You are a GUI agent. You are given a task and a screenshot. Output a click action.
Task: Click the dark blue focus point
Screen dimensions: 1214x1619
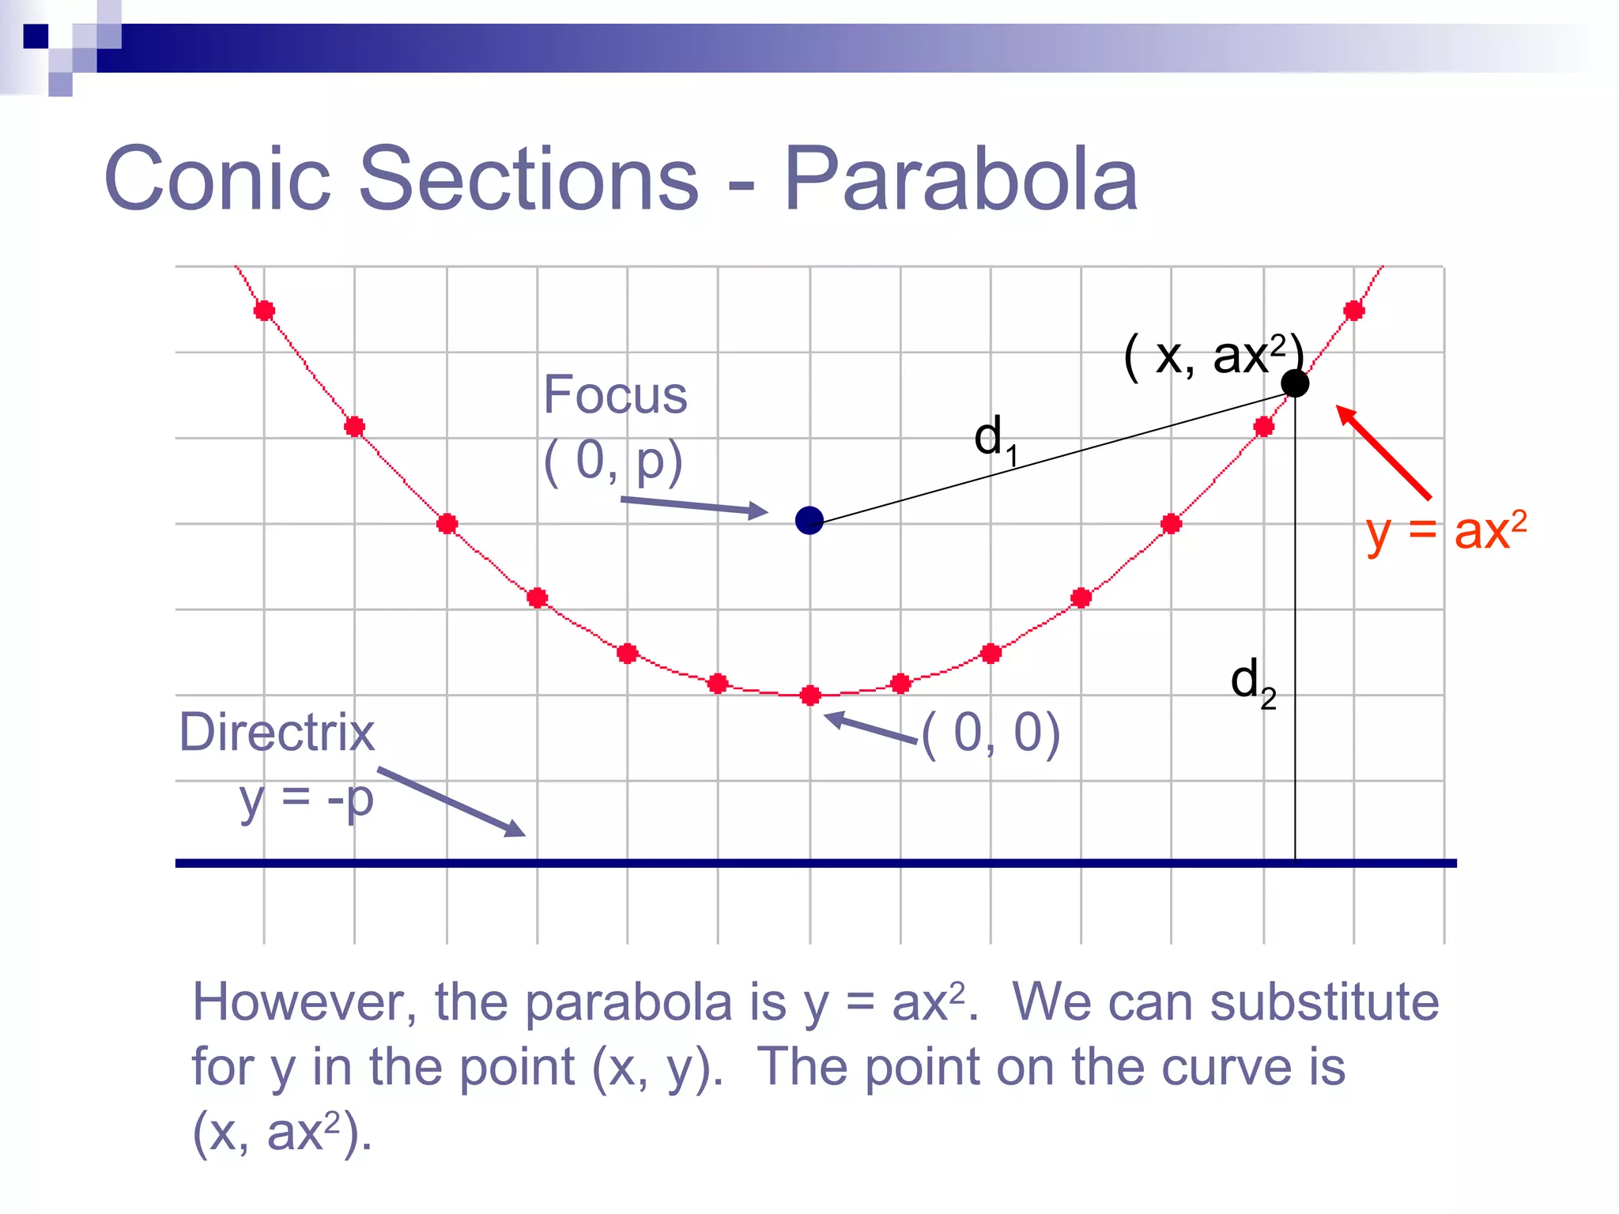[x=809, y=520]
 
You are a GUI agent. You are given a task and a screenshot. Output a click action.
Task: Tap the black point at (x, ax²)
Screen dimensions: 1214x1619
[x=1294, y=383]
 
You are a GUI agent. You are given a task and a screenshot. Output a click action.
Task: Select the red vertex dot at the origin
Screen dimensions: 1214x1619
[x=809, y=696]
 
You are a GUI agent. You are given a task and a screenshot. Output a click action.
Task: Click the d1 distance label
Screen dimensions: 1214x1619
[x=994, y=439]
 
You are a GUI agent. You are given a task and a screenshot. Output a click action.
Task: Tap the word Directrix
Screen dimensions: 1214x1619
[x=277, y=732]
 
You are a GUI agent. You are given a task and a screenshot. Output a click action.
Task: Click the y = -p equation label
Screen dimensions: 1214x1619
[x=307, y=799]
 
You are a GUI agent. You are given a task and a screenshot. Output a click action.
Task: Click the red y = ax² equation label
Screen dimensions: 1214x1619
[x=1446, y=531]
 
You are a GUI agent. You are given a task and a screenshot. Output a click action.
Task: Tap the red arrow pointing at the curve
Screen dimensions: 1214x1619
[x=1383, y=452]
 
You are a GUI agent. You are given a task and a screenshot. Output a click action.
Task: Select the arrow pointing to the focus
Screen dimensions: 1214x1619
[x=694, y=507]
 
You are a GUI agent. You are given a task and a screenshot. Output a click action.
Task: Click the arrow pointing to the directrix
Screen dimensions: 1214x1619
[x=451, y=801]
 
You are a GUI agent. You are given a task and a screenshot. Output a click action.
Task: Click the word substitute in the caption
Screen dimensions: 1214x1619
[x=1324, y=1002]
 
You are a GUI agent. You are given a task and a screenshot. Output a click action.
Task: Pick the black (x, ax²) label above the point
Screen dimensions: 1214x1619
[x=1212, y=356]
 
